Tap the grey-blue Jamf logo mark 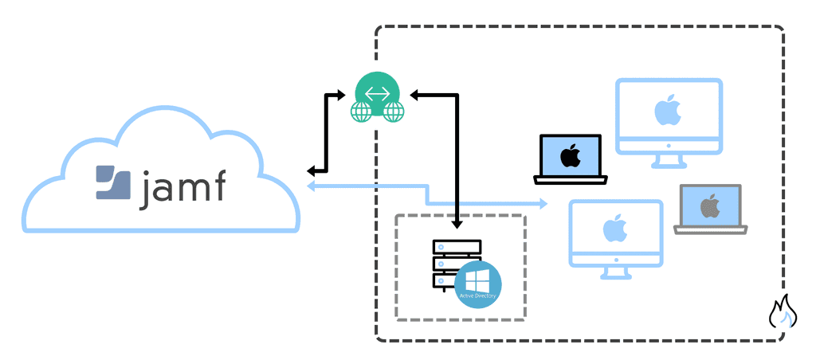(113, 182)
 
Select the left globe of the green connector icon (363, 112)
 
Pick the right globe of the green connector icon (394, 112)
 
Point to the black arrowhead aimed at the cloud (313, 170)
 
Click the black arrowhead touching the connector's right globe (414, 96)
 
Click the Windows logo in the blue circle (478, 281)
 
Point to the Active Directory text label (478, 296)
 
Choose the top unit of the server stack (457, 247)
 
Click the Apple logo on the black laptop (570, 155)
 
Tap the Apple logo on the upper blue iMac (669, 112)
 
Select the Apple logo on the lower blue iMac (614, 229)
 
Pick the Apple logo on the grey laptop (709, 205)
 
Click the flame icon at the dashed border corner (783, 312)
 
